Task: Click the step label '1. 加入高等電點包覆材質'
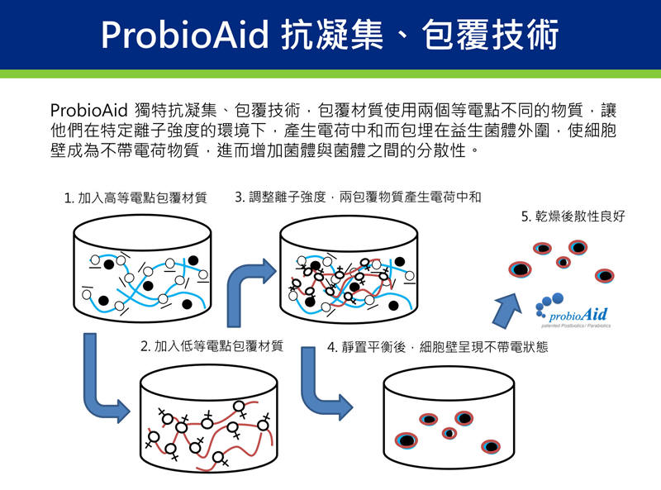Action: point(136,198)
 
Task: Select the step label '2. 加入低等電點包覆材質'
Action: point(212,346)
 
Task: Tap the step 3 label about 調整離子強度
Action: point(358,197)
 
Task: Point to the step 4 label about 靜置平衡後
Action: point(437,347)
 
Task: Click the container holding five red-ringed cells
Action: point(439,421)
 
